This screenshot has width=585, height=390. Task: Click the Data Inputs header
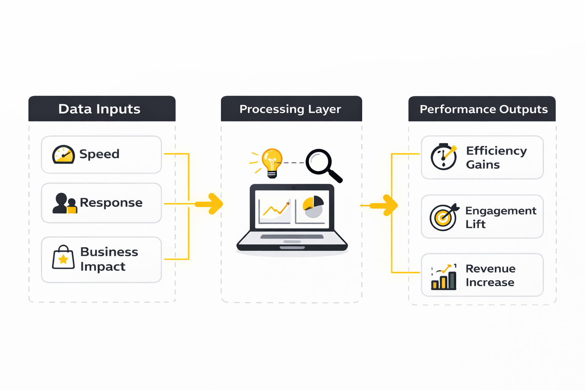100,109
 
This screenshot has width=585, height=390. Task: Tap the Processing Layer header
290,109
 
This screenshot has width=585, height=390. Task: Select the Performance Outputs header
483,109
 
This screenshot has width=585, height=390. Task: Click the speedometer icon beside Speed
63,155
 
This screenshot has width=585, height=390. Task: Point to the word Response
111,203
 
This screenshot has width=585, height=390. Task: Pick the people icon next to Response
64,203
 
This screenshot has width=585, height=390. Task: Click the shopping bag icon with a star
63,258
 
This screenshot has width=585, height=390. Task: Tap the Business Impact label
109,259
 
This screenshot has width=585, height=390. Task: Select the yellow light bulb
272,162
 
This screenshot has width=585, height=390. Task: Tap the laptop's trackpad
292,241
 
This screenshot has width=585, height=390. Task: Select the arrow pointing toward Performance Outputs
385,205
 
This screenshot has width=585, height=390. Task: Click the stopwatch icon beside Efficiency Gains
444,157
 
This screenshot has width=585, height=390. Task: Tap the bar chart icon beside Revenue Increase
444,277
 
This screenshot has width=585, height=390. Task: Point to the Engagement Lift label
500,217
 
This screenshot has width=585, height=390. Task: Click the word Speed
99,154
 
